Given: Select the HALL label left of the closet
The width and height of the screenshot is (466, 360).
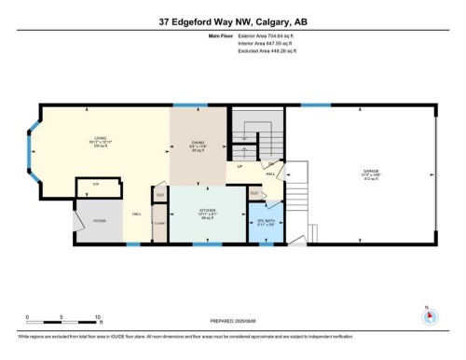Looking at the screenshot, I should coord(137,214).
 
